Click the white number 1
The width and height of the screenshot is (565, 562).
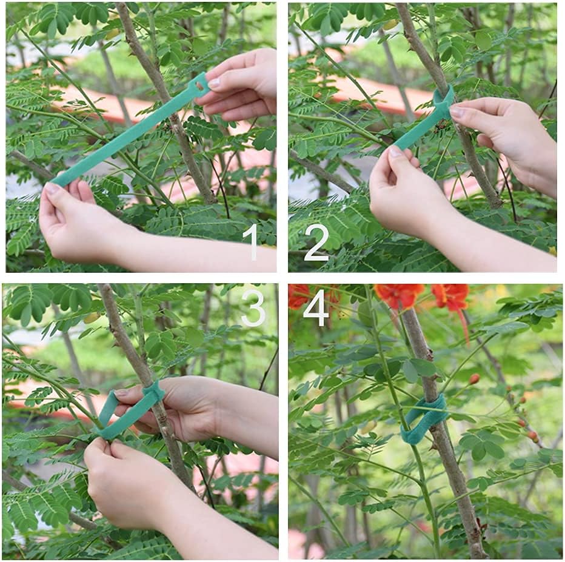pyautogui.click(x=251, y=241)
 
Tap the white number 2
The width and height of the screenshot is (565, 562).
pyautogui.click(x=316, y=241)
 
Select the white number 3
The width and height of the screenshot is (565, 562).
pyautogui.click(x=253, y=307)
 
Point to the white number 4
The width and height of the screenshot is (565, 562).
pyautogui.click(x=316, y=307)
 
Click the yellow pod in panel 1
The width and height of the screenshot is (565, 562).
pyautogui.click(x=113, y=34)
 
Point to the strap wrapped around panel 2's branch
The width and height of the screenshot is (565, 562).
pyautogui.click(x=443, y=103)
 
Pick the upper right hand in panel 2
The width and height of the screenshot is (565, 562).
pyautogui.click(x=509, y=133)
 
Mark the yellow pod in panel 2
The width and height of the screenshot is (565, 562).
pyautogui.click(x=390, y=25)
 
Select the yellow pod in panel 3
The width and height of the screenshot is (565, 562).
pyautogui.click(x=92, y=318)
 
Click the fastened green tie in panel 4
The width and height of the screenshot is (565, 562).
pyautogui.click(x=424, y=418)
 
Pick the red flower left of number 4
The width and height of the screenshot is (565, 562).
pyautogui.click(x=298, y=296)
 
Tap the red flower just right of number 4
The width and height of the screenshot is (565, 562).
pyautogui.click(x=398, y=295)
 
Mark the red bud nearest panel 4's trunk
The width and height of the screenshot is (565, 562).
pyautogui.click(x=473, y=379)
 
